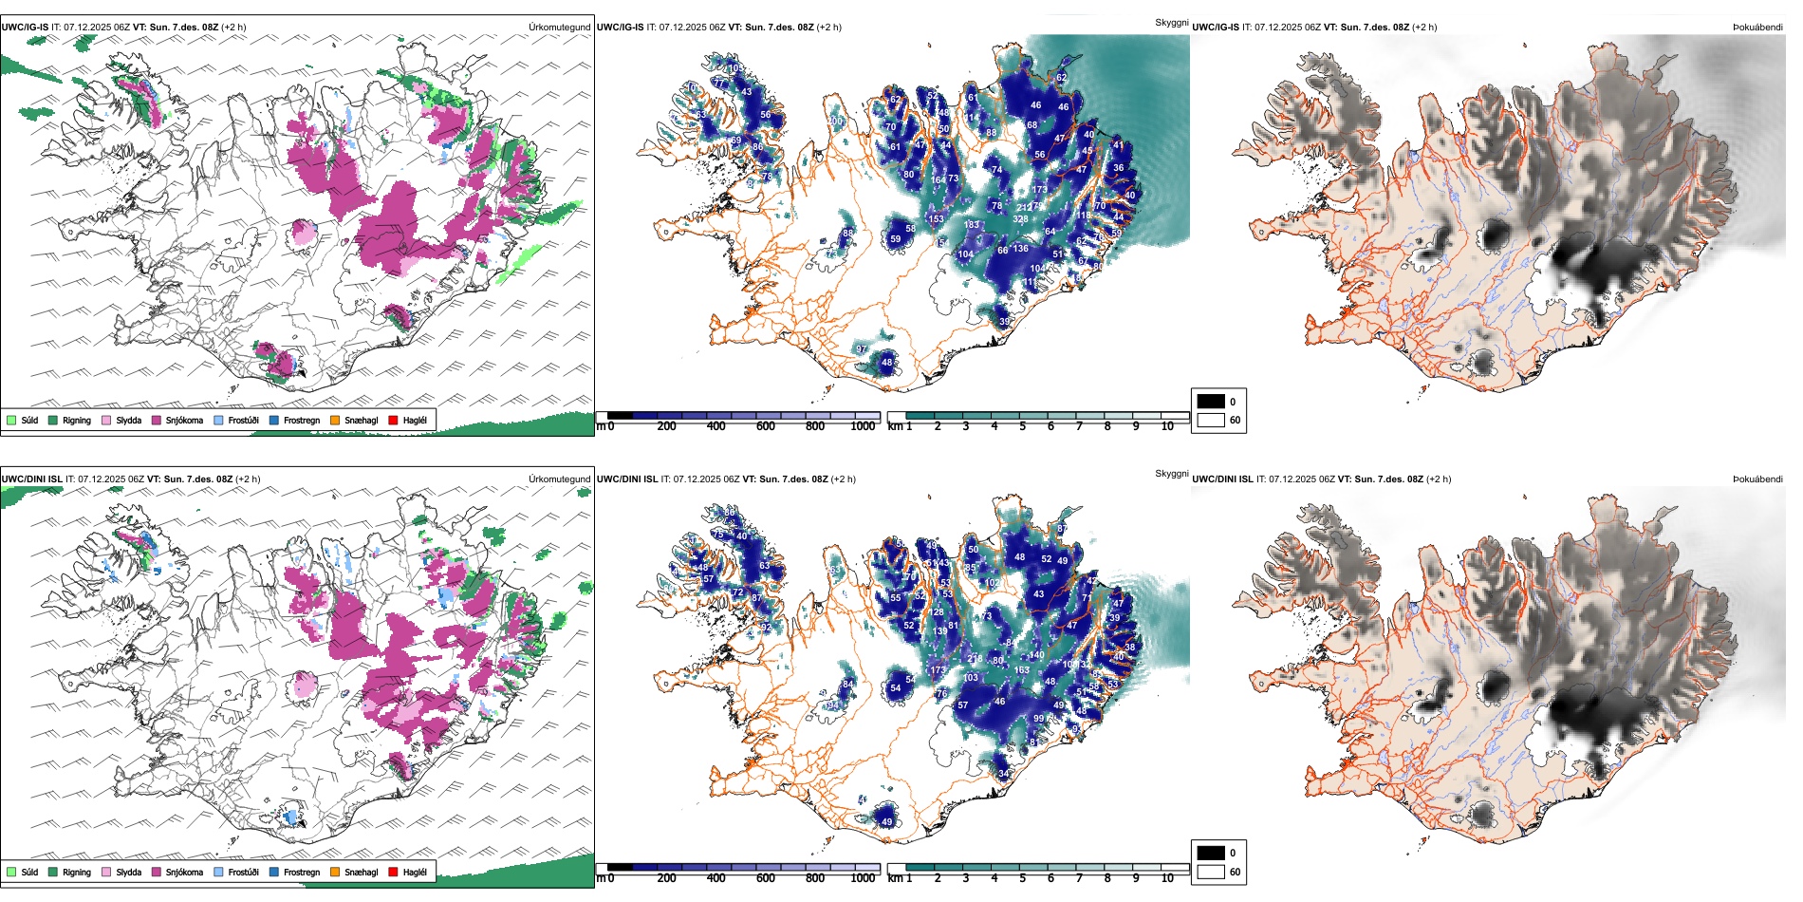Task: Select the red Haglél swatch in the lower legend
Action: (394, 872)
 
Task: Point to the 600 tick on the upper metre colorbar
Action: (766, 426)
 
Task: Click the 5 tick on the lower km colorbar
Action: (1023, 878)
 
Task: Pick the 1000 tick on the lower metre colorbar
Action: (863, 878)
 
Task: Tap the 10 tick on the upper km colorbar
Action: (1167, 426)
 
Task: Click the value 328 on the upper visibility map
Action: (1020, 219)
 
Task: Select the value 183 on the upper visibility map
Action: (972, 225)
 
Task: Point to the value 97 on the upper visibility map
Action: (862, 349)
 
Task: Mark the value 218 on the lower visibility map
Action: (975, 658)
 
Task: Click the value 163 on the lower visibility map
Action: (1021, 670)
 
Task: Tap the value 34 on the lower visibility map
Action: (1004, 774)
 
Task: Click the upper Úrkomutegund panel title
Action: (559, 27)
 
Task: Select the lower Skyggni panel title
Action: (1171, 473)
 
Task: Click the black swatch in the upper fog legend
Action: (1211, 402)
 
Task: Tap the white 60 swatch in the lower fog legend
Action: (1211, 872)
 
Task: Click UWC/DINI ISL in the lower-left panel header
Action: (31, 479)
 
